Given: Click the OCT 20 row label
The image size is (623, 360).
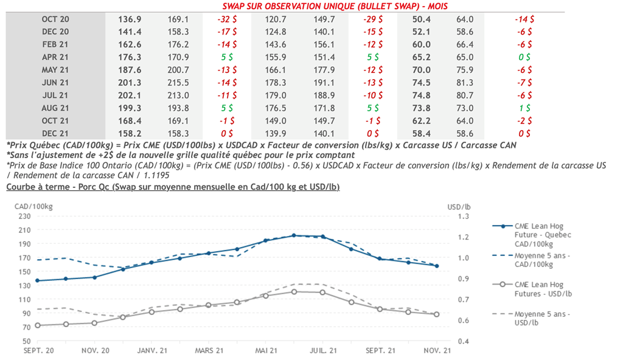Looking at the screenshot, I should (x=55, y=19).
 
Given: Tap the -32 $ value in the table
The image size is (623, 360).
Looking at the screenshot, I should (x=228, y=19).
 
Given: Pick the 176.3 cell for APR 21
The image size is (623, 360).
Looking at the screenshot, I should (x=130, y=57).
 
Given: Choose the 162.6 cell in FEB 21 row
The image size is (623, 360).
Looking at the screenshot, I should (x=130, y=44).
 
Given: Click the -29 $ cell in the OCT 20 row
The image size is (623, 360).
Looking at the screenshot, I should (x=372, y=19).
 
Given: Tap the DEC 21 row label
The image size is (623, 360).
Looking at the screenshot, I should (x=55, y=133).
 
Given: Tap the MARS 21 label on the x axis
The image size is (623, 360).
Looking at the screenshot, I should (x=210, y=350).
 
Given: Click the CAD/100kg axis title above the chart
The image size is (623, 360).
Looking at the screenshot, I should (x=33, y=206).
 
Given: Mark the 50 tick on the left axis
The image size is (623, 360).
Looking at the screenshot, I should (x=26, y=342).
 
